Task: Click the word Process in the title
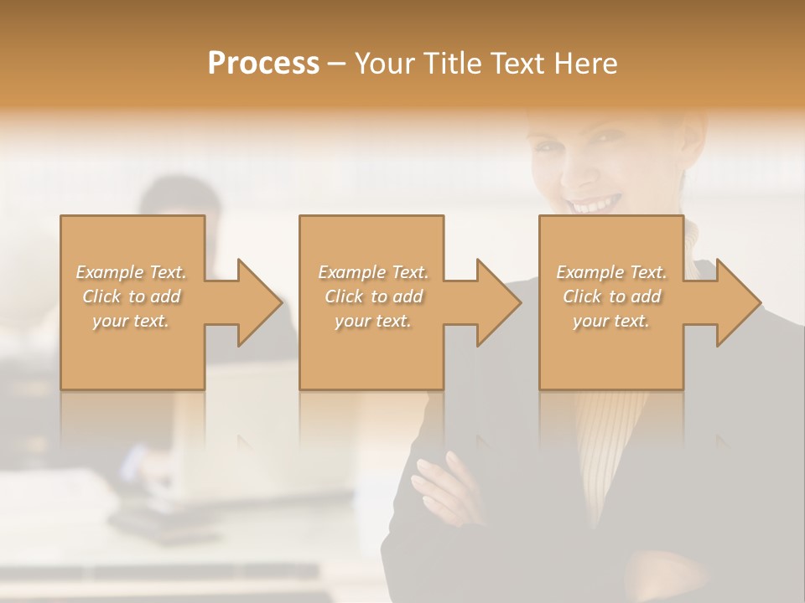[x=263, y=64]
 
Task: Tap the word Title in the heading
[x=452, y=64]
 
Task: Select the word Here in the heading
[x=586, y=64]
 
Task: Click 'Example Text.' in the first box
[x=131, y=271]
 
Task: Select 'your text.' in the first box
[x=131, y=321]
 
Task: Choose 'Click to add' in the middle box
[x=373, y=296]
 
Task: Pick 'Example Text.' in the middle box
[x=373, y=271]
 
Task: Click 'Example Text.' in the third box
[x=611, y=271]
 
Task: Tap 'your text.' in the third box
[x=611, y=321]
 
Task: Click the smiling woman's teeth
[x=596, y=204]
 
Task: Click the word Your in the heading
[x=384, y=64]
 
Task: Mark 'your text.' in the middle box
[x=373, y=321]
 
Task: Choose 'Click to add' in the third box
[x=611, y=296]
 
